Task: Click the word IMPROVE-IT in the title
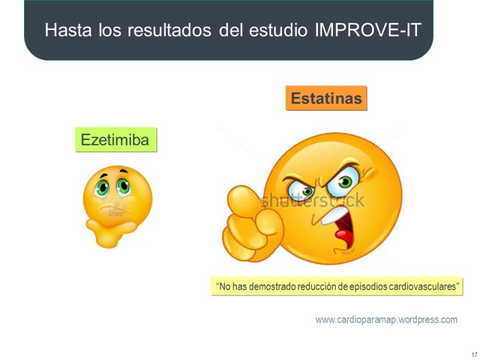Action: (368, 30)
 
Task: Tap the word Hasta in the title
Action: (65, 30)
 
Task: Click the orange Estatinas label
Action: (326, 98)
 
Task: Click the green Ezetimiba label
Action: (116, 140)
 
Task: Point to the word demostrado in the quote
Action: (269, 287)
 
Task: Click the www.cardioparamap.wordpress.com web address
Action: (386, 320)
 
